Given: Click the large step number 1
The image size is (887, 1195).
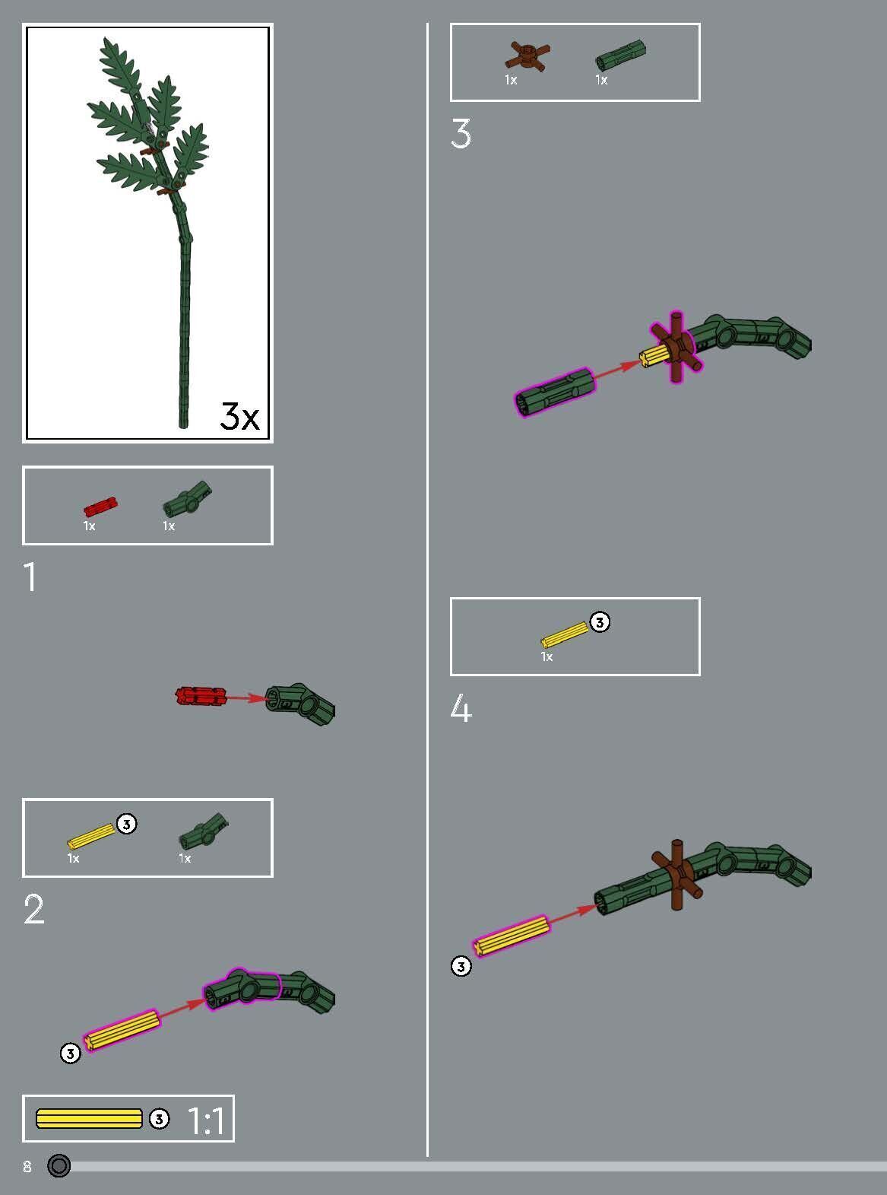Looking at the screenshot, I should (x=30, y=577).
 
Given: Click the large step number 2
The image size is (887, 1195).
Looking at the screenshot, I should (x=34, y=909).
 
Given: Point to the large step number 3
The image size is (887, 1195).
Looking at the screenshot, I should (x=461, y=134).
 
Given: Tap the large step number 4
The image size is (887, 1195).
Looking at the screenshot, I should (x=461, y=709).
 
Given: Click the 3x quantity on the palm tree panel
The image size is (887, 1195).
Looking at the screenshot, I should (x=239, y=415).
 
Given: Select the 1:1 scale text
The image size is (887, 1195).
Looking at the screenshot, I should (x=205, y=1120).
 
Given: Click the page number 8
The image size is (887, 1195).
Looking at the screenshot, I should (x=27, y=1167).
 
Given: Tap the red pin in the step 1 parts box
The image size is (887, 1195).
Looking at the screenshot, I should (x=100, y=507).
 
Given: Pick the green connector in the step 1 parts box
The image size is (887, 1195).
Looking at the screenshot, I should (x=187, y=499).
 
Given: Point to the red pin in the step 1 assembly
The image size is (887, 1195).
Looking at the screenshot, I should (x=201, y=695).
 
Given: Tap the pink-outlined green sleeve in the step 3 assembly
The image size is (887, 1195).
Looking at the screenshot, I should (x=554, y=390).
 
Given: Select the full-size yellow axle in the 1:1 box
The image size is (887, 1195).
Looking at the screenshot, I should (x=89, y=1119).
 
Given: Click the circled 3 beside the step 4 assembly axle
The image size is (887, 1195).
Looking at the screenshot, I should (x=461, y=966).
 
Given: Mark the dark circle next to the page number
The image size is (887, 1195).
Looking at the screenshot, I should (x=59, y=1165).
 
